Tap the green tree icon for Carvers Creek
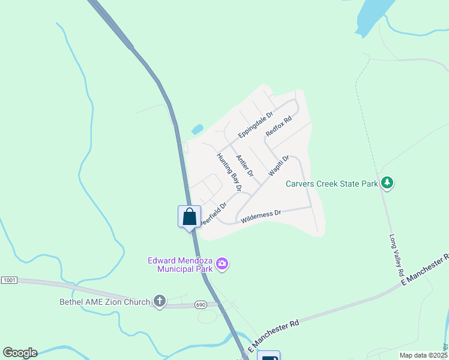click(x=387, y=182)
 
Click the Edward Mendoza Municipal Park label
click(x=181, y=265)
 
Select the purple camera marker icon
click(x=223, y=263)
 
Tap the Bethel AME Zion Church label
click(x=104, y=302)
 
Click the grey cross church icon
click(x=159, y=301)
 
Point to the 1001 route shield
click(x=9, y=280)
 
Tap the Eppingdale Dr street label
click(x=255, y=124)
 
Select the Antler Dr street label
click(x=245, y=166)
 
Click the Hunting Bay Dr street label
click(x=229, y=172)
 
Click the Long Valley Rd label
click(x=396, y=255)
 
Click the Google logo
click(x=20, y=353)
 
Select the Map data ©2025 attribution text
click(x=423, y=355)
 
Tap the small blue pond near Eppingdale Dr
click(x=197, y=129)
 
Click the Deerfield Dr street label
click(x=214, y=212)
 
